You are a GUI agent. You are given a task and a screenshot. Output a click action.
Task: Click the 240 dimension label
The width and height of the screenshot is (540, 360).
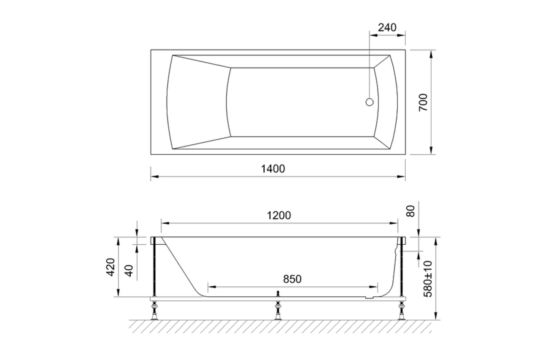(x=387, y=28)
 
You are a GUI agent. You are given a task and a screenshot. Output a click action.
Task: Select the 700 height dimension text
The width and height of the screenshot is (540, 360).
(x=423, y=103)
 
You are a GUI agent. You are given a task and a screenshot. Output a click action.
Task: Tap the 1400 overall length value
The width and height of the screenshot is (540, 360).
(x=273, y=169)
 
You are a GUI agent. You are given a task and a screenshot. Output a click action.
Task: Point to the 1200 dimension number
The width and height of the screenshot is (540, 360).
(x=279, y=215)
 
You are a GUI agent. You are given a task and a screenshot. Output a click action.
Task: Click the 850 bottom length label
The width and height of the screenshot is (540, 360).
(x=292, y=279)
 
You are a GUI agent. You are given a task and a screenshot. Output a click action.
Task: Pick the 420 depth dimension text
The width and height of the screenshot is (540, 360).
(x=111, y=267)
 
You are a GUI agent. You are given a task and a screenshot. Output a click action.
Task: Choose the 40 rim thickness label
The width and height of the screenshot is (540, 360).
(x=130, y=271)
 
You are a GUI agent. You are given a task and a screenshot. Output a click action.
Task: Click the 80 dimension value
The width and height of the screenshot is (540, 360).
(x=410, y=211)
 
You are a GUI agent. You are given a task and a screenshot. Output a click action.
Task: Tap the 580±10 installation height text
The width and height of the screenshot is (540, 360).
(x=428, y=279)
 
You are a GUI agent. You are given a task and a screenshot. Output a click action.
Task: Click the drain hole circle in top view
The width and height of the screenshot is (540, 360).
(x=370, y=102)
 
